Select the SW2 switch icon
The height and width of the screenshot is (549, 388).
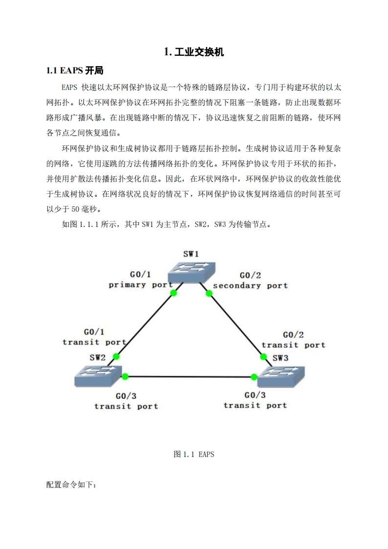pyautogui.click(x=98, y=376)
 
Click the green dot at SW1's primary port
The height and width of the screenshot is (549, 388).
pyautogui.click(x=173, y=293)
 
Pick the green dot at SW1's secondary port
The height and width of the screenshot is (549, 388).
pyautogui.click(x=209, y=294)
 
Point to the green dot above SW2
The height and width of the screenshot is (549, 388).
pyautogui.click(x=116, y=357)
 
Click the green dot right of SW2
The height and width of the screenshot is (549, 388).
pyautogui.click(x=125, y=376)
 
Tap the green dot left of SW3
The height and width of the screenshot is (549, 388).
pyautogui.click(x=254, y=377)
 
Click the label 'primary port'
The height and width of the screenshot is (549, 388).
pyautogui.click(x=140, y=285)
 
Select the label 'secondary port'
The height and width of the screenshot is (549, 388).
pyautogui.click(x=250, y=285)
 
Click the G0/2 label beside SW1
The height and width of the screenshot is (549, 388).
pyautogui.click(x=250, y=275)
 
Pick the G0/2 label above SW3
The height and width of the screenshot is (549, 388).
pyautogui.click(x=293, y=335)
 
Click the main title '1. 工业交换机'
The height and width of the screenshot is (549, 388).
pyautogui.click(x=194, y=52)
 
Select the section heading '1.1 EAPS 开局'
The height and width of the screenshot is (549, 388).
pyautogui.click(x=74, y=71)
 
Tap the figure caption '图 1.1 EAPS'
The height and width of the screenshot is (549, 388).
pyautogui.click(x=194, y=454)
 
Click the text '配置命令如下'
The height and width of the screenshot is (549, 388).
pyautogui.click(x=71, y=485)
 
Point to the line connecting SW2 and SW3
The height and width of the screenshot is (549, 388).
pyautogui.click(x=190, y=377)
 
